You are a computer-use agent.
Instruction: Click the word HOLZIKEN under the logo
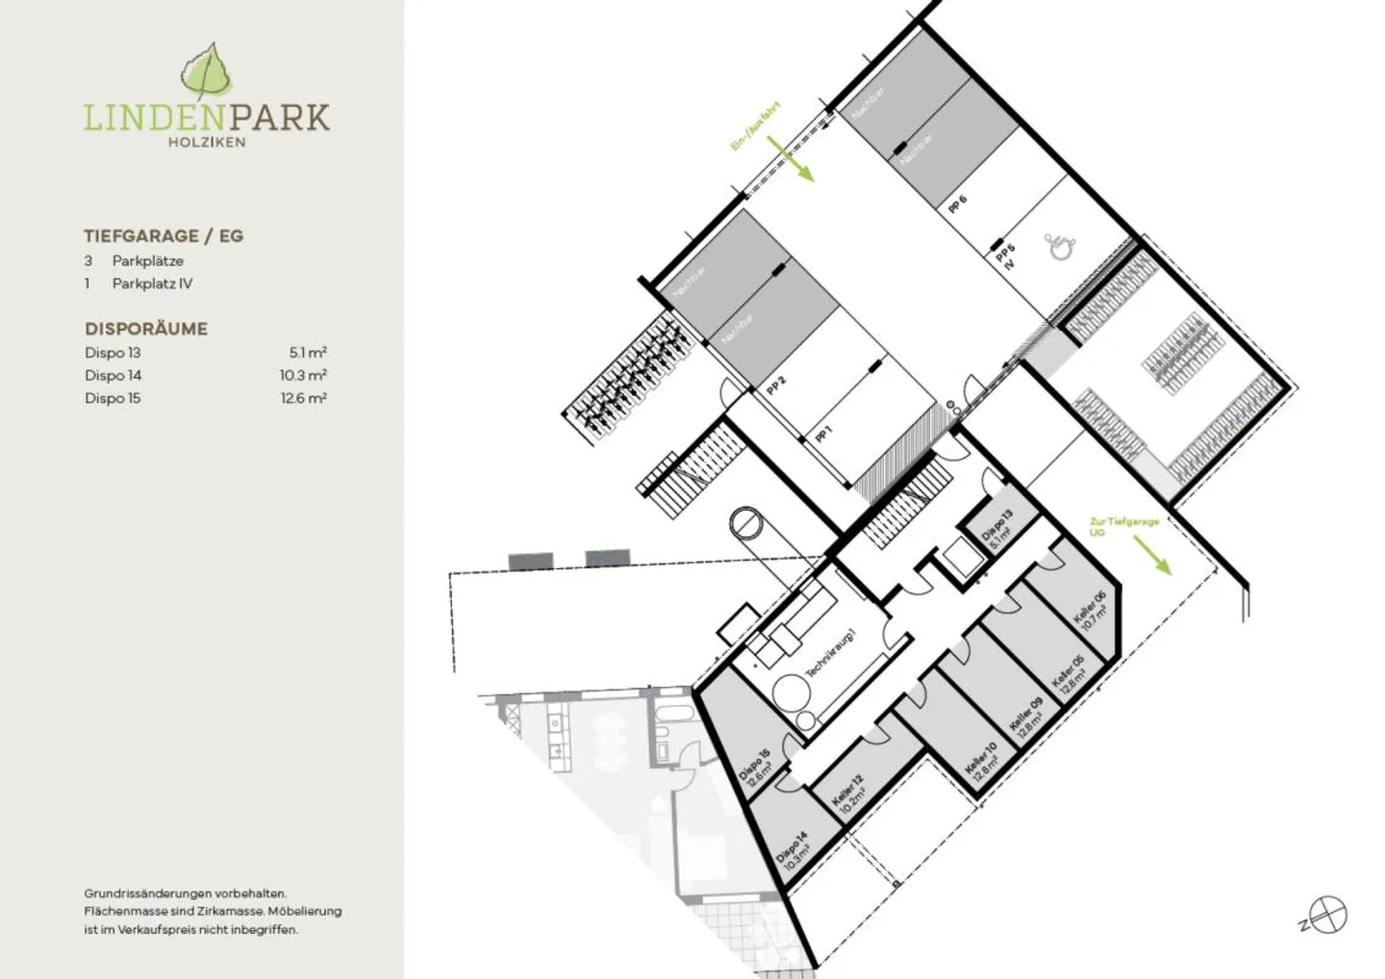coord(207,142)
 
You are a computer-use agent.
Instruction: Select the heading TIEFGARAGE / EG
coord(164,236)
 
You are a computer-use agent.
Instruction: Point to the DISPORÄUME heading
coord(146,329)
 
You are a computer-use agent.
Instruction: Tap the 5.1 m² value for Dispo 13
coord(308,353)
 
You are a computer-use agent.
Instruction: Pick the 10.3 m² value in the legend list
coord(303,375)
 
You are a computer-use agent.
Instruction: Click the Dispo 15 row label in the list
coord(113,398)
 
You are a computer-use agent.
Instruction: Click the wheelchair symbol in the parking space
coord(1061,245)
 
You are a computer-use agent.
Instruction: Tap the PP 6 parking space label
coord(957,204)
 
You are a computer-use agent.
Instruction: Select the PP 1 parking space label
coord(823,434)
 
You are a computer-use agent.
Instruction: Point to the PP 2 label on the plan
coord(776,386)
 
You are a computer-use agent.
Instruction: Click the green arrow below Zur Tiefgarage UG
coord(1151,555)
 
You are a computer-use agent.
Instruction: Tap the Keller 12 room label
coord(848,794)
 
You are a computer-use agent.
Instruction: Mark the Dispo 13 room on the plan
coord(997,530)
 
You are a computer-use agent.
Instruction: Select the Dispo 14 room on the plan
coord(793,851)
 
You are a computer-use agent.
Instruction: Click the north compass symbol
coord(1329,915)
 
